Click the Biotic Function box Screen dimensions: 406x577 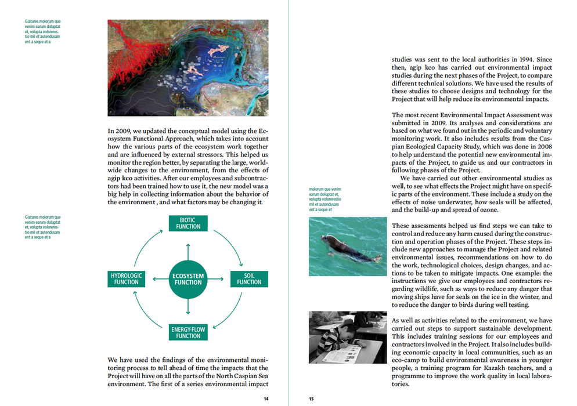187,223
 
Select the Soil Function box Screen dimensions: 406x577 249,278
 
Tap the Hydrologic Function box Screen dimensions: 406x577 126,278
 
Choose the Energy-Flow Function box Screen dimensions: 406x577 188,332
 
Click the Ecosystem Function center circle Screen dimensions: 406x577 187,279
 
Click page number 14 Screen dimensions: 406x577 266,398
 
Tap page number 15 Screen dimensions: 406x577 311,398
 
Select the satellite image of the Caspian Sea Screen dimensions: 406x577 188,68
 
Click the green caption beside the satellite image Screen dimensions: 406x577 43,31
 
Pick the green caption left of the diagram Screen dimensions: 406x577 43,227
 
